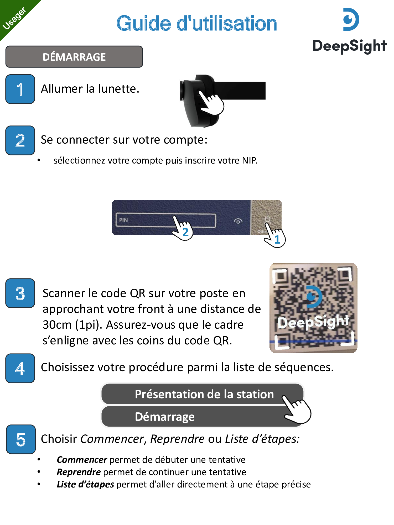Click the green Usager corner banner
click(13, 14)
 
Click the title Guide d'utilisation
click(197, 23)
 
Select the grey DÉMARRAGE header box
click(74, 57)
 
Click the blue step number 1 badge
click(20, 89)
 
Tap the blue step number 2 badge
click(20, 140)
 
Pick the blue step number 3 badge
click(20, 293)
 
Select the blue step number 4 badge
click(20, 368)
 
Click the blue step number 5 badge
click(21, 439)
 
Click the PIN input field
click(166, 220)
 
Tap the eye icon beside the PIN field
click(238, 221)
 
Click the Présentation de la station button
click(203, 394)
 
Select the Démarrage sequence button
click(203, 417)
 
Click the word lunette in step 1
click(118, 89)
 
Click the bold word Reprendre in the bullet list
click(79, 472)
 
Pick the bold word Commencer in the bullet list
click(82, 460)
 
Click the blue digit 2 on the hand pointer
click(185, 232)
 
